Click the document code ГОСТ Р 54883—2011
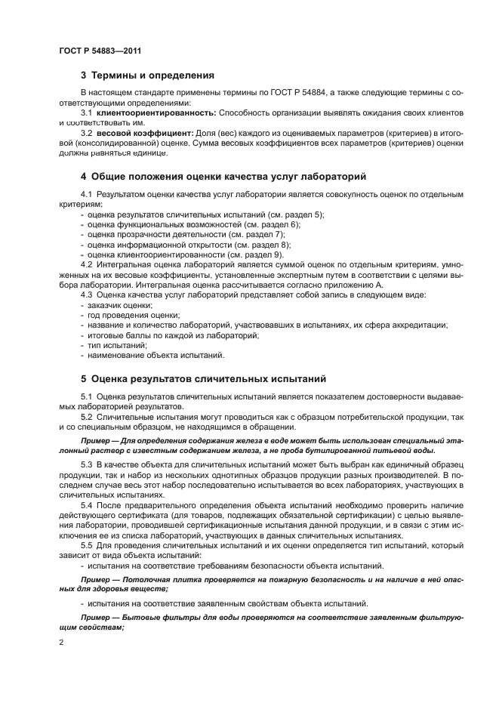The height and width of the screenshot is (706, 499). click(x=100, y=51)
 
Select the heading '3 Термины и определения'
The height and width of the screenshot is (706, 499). click(x=147, y=76)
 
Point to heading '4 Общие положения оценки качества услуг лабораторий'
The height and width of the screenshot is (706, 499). click(x=224, y=177)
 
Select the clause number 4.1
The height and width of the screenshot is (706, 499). click(x=86, y=195)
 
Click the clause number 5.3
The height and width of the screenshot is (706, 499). click(x=86, y=461)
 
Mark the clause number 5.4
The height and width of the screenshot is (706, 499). click(x=86, y=502)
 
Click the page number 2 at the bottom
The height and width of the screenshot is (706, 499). click(x=61, y=641)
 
